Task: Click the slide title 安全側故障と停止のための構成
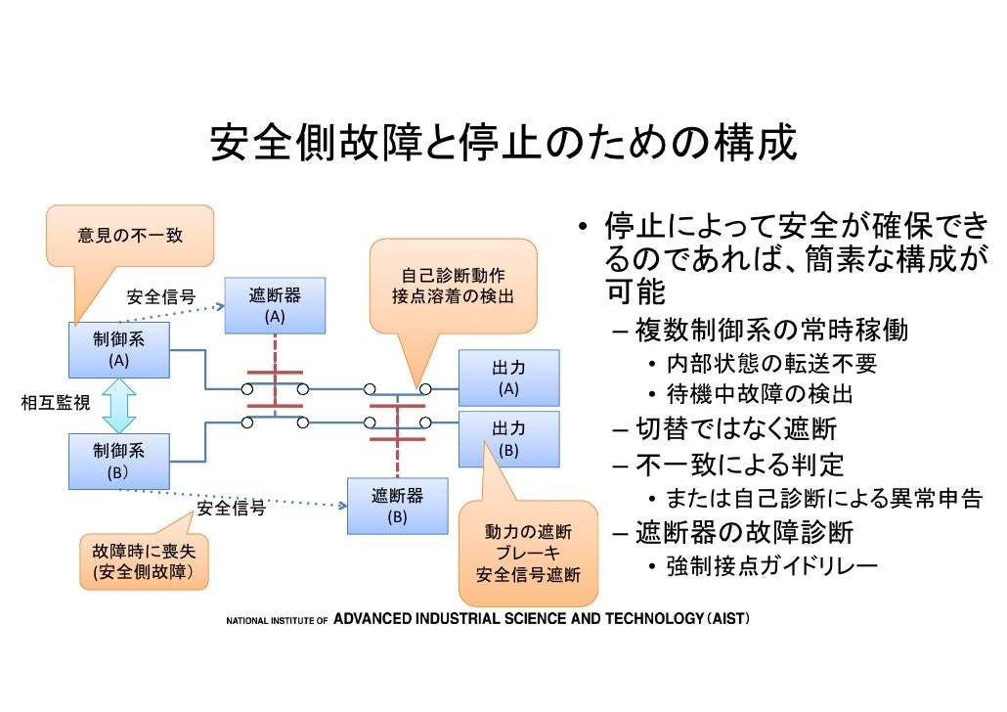click(x=503, y=144)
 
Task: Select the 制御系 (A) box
click(x=118, y=350)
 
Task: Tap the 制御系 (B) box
click(x=118, y=462)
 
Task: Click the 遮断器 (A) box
click(x=275, y=305)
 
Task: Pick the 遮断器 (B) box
click(x=397, y=506)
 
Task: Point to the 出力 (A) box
click(x=508, y=378)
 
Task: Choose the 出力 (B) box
click(x=508, y=439)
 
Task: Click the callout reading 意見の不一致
click(x=130, y=236)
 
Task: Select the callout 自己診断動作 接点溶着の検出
click(x=453, y=285)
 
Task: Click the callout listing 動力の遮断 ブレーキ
click(x=528, y=554)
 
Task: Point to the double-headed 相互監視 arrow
click(x=118, y=406)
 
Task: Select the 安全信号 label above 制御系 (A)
click(x=161, y=296)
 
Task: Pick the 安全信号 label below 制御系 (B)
click(x=232, y=509)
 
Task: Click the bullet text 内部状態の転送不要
click(x=771, y=364)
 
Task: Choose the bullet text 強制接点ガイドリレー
click(x=771, y=565)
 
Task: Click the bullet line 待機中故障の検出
click(x=760, y=394)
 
